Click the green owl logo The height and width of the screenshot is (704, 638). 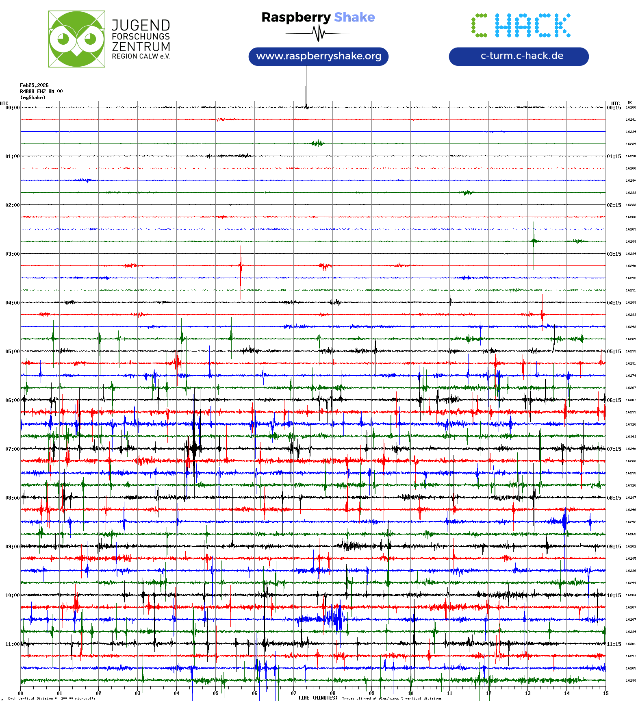(x=76, y=39)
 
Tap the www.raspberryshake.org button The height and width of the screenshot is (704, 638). (x=318, y=56)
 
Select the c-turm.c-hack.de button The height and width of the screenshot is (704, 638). (x=519, y=56)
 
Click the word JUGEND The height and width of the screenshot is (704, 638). (x=141, y=25)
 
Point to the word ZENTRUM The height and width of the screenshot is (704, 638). (x=141, y=47)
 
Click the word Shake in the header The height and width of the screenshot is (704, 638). (x=354, y=17)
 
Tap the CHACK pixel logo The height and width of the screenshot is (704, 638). (x=521, y=25)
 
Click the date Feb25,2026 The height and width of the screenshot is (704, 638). (x=34, y=85)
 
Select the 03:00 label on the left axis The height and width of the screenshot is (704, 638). (x=12, y=254)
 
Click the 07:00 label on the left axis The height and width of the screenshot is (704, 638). (x=12, y=449)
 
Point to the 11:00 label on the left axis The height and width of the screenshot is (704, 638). (x=12, y=644)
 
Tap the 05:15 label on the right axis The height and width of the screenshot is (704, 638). (x=614, y=351)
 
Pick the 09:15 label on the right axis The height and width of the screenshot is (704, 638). (x=614, y=546)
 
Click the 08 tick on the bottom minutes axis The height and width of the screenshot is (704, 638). (x=332, y=693)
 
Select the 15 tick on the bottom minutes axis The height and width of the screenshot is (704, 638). (x=605, y=693)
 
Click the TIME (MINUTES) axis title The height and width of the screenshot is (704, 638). (x=317, y=698)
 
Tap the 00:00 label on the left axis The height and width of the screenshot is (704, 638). (x=12, y=107)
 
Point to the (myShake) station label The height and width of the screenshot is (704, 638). (x=33, y=98)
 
